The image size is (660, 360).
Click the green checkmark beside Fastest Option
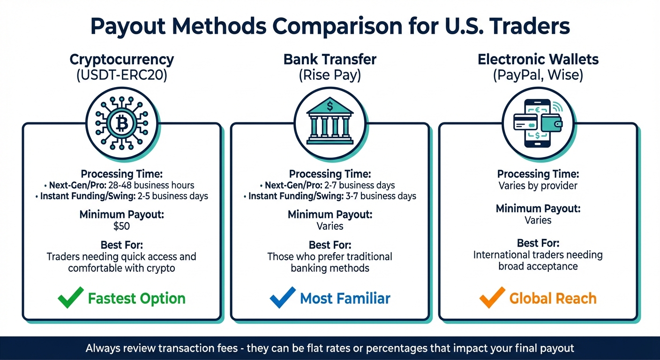tap(71, 298)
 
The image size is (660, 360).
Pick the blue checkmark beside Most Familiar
tap(283, 298)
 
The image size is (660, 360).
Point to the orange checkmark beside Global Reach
tap(493, 298)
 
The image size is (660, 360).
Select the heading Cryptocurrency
tap(121, 60)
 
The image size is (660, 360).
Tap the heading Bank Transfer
tap(330, 60)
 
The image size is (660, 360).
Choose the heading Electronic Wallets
tap(538, 60)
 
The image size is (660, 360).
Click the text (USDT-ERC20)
tap(121, 75)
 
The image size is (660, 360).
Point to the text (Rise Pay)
tap(330, 75)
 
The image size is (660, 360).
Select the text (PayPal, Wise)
tap(538, 75)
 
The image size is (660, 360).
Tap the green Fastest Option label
tap(137, 299)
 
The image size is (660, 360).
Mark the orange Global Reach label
tap(553, 299)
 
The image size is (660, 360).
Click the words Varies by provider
tap(538, 185)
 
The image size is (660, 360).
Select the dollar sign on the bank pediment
tap(330, 106)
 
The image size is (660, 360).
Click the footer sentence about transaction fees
tap(330, 348)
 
